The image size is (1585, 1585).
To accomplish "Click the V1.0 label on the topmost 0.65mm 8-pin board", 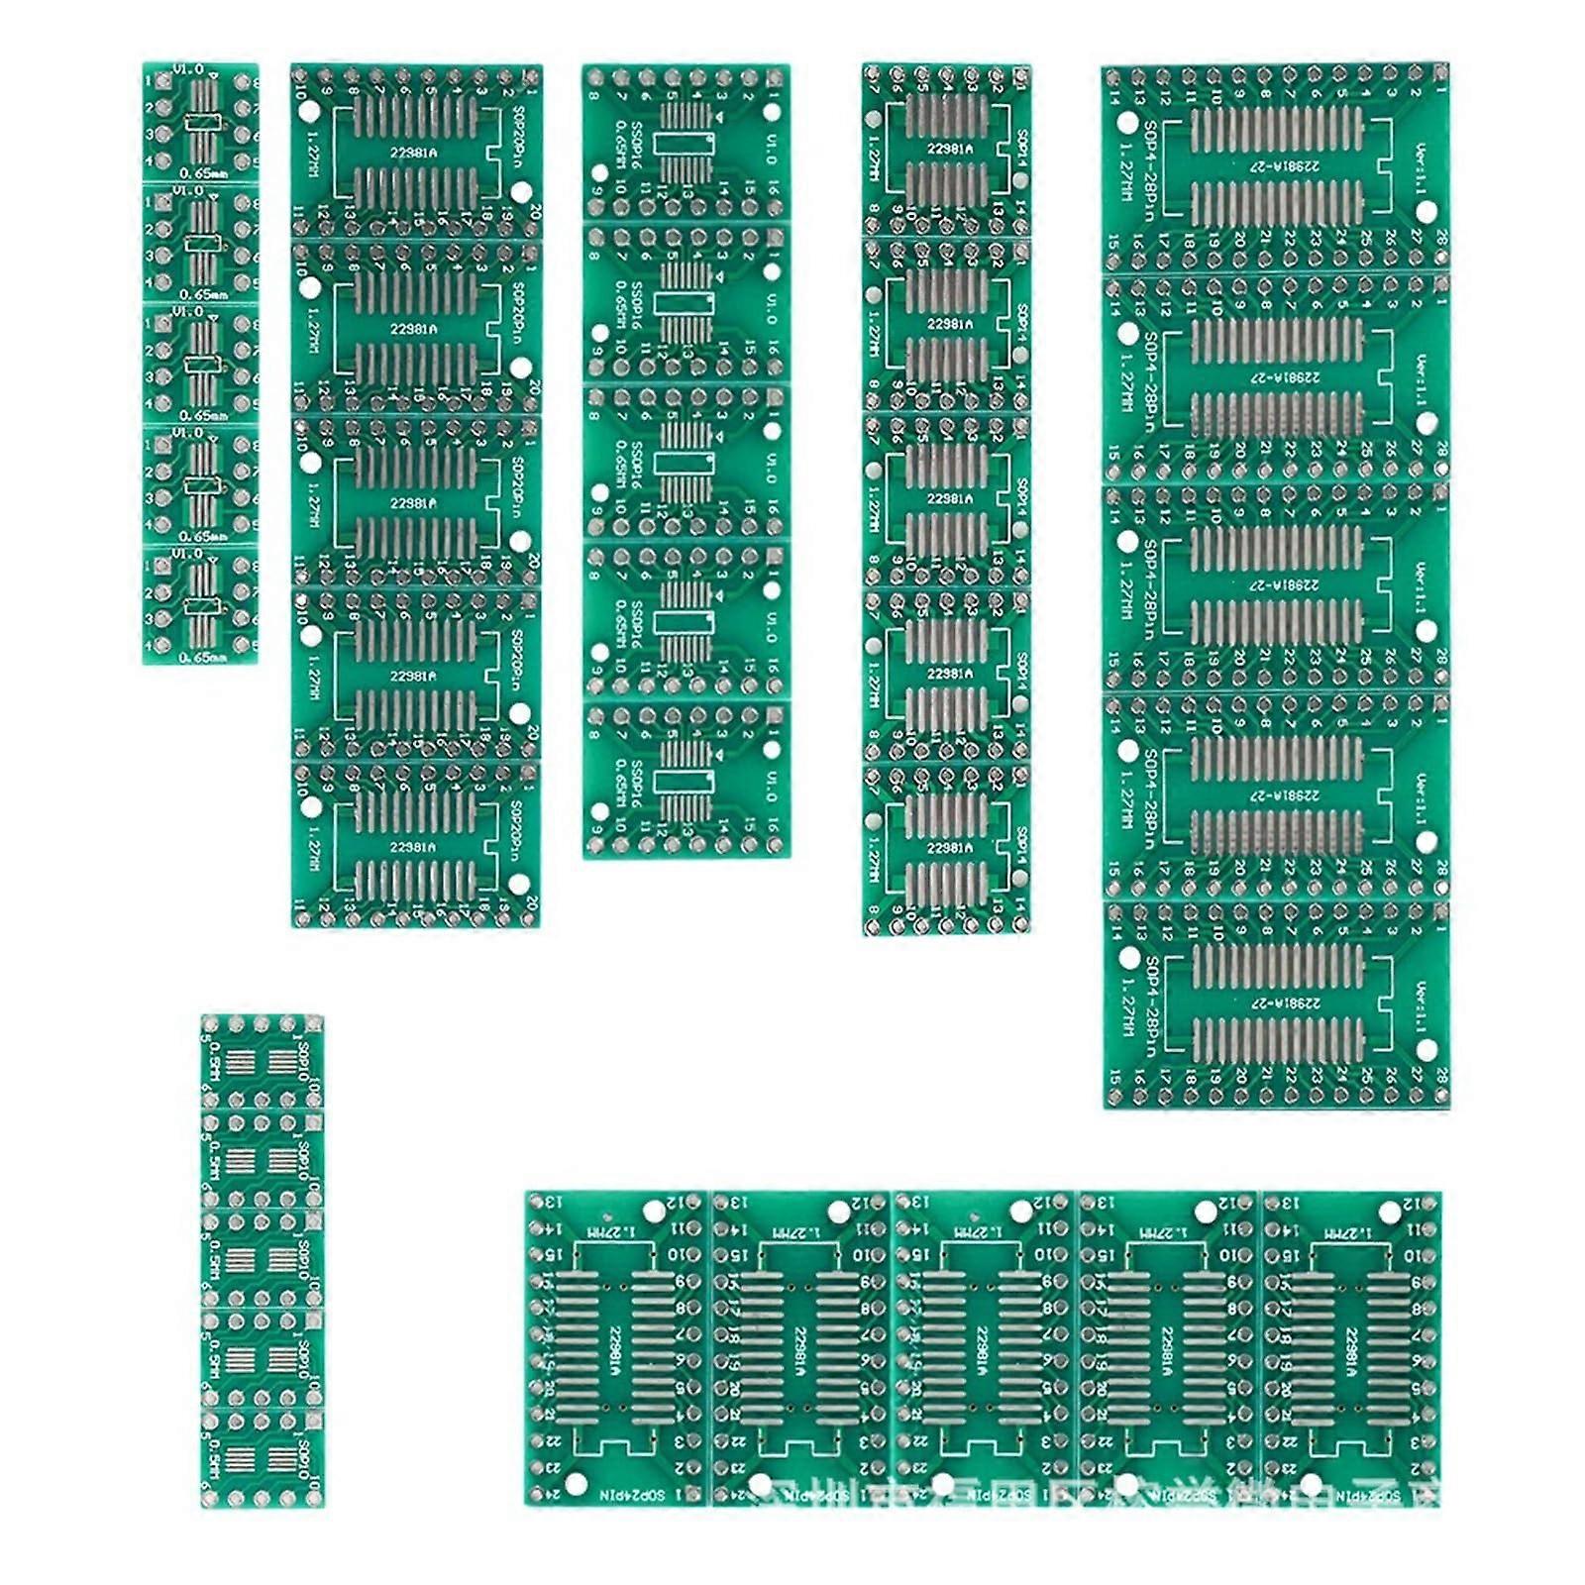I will (x=188, y=70).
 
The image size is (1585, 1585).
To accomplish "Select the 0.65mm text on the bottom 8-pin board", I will (x=202, y=656).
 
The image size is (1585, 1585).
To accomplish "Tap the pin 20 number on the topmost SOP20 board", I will (x=535, y=211).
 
